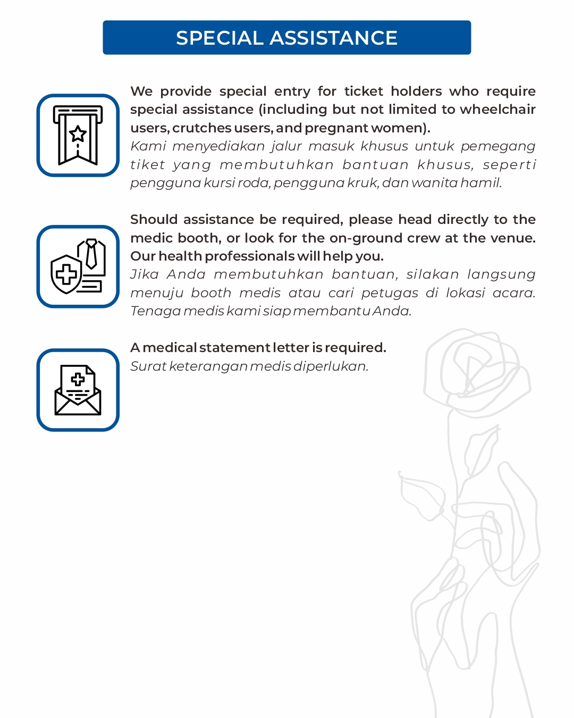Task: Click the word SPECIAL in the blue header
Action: [220, 38]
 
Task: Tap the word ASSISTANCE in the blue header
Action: [333, 38]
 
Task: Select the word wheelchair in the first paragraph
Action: [497, 109]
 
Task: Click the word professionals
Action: [249, 256]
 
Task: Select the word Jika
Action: [145, 274]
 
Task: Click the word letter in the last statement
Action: [291, 347]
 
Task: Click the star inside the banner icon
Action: [78, 133]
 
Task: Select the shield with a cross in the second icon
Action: [66, 274]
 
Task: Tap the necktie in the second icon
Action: [91, 254]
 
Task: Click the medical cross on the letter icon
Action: [78, 379]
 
